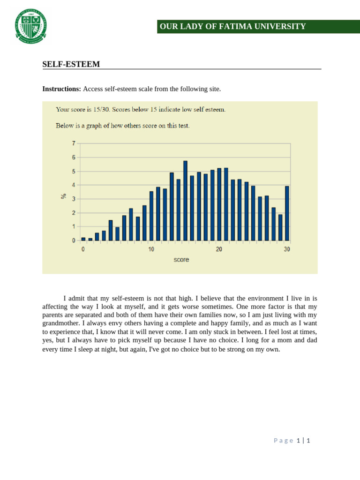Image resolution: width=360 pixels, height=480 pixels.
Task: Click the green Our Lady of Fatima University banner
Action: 258,27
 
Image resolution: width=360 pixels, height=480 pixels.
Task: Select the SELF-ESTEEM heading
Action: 71,64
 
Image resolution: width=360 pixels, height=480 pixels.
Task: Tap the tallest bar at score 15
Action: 185,201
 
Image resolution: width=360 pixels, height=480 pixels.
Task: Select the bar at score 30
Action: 287,213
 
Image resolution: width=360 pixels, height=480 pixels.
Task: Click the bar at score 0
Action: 83,239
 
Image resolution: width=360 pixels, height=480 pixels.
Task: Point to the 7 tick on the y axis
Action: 73,143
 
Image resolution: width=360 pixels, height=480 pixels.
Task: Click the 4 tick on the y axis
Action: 73,185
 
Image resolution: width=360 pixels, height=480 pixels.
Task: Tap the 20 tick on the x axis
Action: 219,249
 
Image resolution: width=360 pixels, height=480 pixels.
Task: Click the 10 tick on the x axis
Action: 151,249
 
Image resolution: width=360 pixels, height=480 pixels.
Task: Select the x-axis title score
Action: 181,260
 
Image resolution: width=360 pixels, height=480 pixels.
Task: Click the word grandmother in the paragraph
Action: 61,323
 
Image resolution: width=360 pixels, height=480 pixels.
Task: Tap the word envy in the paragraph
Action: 116,323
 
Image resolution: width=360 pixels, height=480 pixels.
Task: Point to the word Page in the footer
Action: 283,441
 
